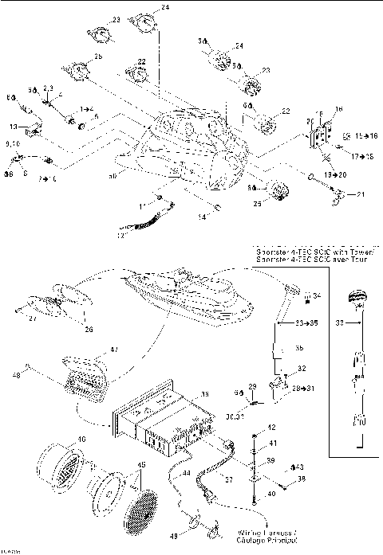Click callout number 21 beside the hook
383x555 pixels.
click(359, 194)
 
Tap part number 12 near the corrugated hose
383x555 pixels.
click(122, 235)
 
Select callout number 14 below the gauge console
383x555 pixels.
click(202, 217)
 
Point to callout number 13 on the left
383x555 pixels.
click(14, 126)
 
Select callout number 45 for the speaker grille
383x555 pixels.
click(142, 465)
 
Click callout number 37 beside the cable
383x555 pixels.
click(227, 479)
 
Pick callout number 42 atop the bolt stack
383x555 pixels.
click(271, 428)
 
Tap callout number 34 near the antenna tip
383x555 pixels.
click(317, 296)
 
